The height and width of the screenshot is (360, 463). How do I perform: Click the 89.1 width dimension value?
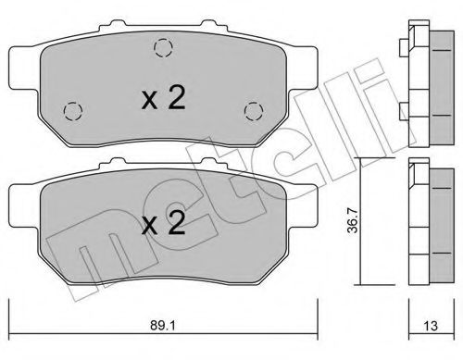[163, 326]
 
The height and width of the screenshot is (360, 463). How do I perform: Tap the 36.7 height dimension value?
[353, 220]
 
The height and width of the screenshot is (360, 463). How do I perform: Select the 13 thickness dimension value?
[431, 326]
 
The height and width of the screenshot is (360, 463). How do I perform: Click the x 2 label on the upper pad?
[163, 97]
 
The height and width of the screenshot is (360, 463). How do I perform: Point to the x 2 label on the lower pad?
[163, 223]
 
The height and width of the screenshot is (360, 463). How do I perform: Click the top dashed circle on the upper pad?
[163, 48]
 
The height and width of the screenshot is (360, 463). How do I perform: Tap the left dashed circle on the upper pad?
[73, 111]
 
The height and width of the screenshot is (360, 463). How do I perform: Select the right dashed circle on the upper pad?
[254, 111]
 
